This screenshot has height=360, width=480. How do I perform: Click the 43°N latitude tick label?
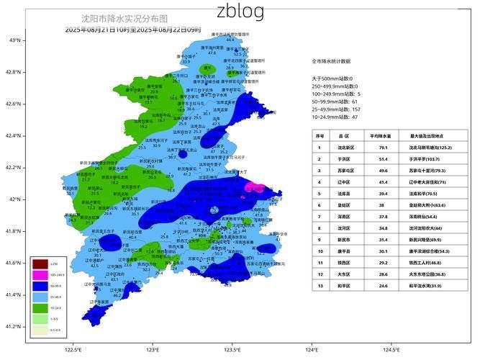(14, 40)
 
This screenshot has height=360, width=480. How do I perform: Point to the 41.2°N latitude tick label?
(14, 326)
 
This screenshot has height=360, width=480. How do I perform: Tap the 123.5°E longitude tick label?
(232, 350)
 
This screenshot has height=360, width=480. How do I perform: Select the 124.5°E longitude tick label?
(391, 350)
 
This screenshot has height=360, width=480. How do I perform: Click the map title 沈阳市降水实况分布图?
(124, 19)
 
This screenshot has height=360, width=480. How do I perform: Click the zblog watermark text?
(240, 11)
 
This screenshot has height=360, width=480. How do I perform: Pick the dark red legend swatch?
(40, 264)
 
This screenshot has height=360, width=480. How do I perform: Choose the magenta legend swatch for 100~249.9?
(40, 275)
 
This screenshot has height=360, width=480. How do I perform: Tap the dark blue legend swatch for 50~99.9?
(40, 286)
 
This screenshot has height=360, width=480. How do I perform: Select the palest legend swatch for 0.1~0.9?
(40, 329)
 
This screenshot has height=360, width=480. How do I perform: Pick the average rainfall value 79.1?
(384, 147)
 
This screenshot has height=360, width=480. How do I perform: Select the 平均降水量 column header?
(384, 135)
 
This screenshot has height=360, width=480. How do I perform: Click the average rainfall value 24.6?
(384, 286)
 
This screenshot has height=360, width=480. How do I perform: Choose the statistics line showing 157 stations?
(336, 109)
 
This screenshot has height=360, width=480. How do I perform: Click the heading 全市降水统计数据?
(331, 62)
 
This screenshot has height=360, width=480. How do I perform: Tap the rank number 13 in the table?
(320, 286)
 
